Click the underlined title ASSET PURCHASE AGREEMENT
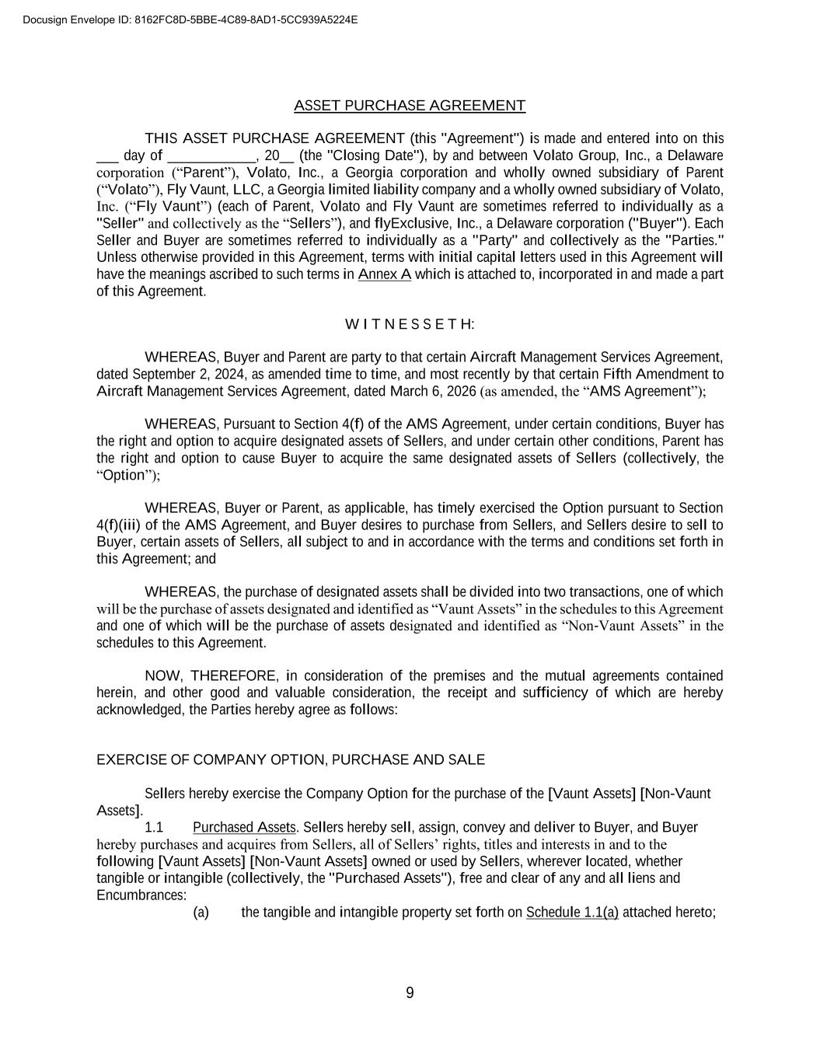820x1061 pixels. [410, 106]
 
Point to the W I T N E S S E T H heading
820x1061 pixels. [410, 324]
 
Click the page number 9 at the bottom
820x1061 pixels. [410, 993]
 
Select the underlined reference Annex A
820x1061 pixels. [384, 274]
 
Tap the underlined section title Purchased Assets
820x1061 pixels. [245, 828]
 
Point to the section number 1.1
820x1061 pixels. [154, 828]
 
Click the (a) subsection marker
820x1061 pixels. [201, 913]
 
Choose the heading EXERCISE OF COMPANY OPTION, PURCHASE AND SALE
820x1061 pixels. [291, 760]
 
